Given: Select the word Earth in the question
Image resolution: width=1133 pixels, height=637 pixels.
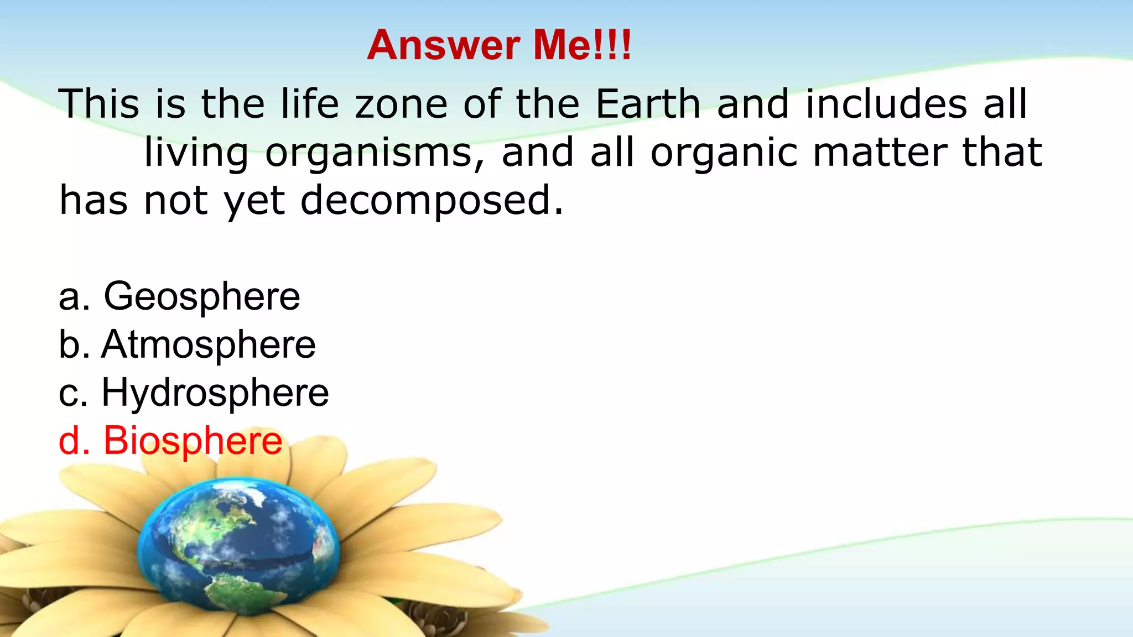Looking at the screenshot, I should [648, 104].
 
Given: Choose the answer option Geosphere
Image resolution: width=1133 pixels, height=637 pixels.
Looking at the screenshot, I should [202, 297].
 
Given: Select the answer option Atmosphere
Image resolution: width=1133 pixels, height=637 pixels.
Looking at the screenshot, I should [209, 345].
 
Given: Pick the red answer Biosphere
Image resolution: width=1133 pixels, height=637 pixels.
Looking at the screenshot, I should [193, 441].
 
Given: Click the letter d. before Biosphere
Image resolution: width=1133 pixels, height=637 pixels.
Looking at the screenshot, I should [74, 441].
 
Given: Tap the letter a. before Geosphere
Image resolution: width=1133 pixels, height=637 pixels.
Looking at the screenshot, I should [74, 297].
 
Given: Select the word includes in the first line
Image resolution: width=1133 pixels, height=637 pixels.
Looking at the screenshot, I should [886, 104].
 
